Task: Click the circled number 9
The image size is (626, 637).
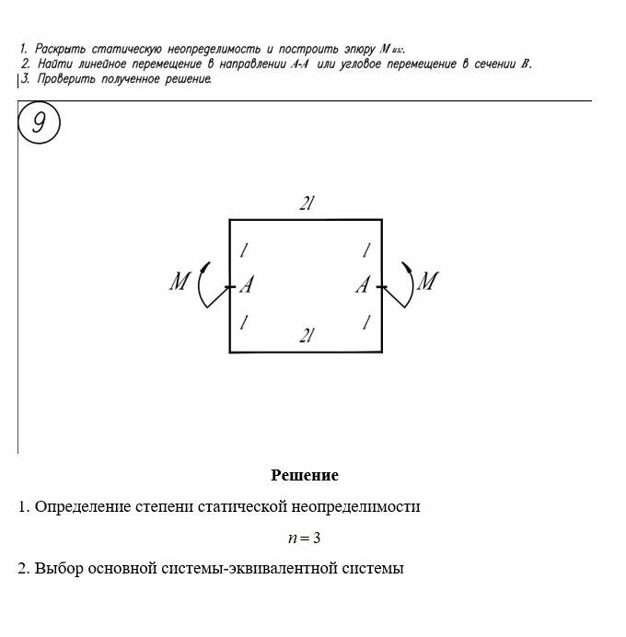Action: point(39,123)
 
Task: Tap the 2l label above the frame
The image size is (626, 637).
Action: point(307,204)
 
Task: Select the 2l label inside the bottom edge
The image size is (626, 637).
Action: point(307,337)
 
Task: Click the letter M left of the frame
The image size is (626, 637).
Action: point(180,282)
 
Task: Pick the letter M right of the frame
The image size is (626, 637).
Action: point(426,282)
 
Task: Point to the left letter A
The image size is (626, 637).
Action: point(247,286)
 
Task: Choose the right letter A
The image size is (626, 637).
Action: point(363,286)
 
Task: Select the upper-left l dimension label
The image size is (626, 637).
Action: point(245,250)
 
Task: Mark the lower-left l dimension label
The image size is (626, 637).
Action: point(245,322)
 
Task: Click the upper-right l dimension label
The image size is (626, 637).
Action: point(366,250)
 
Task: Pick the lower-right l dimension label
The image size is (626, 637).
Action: point(366,322)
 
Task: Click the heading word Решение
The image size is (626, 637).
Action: point(305,476)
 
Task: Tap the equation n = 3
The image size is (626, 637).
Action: point(305,538)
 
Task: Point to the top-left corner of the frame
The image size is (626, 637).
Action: point(230,220)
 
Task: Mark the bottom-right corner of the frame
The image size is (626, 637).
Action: point(381,352)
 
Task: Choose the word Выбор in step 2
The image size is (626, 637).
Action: point(57,569)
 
